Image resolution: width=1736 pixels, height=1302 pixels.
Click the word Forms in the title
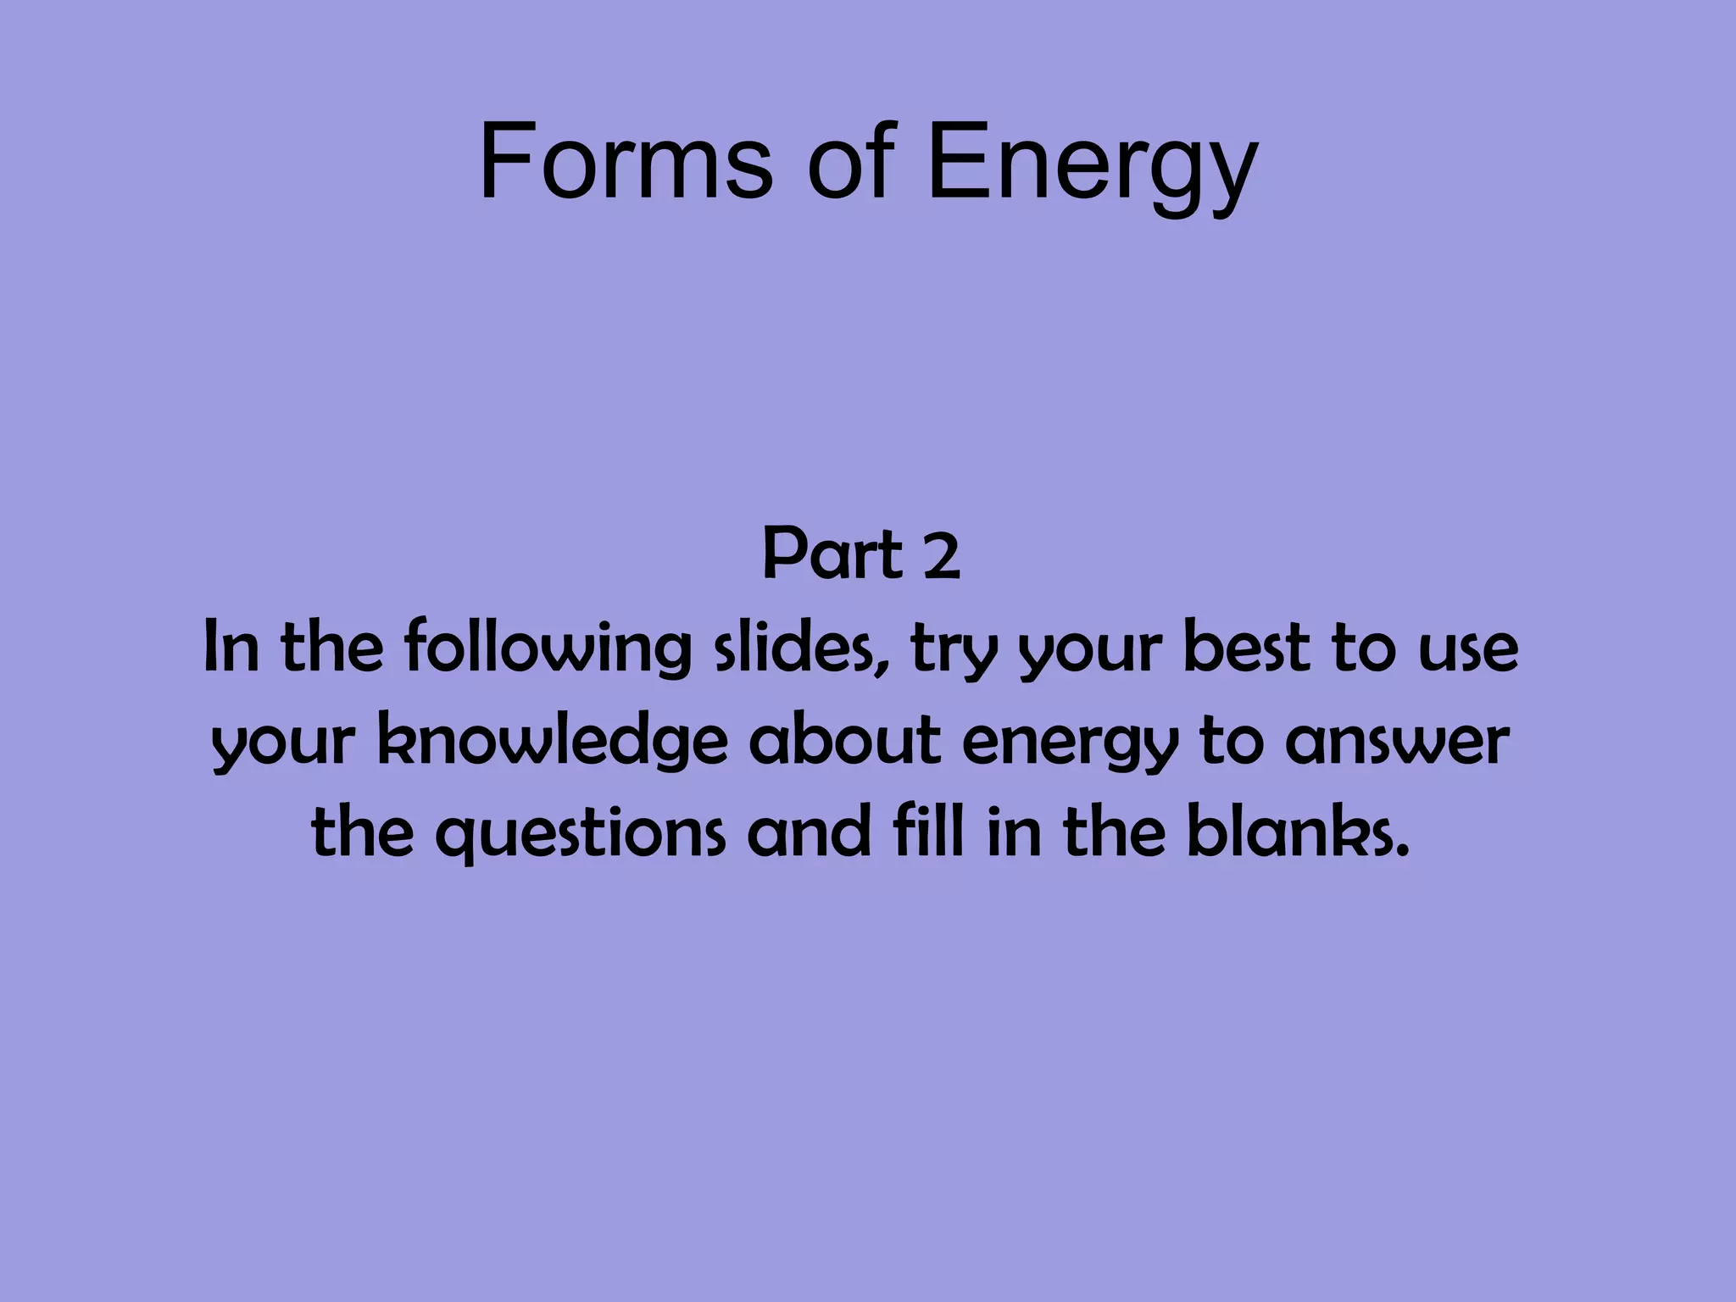626,161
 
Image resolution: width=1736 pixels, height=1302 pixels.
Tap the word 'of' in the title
851,161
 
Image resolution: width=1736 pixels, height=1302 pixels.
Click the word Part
832,555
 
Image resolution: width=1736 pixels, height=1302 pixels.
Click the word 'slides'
802,648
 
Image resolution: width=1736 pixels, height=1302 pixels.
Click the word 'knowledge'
552,742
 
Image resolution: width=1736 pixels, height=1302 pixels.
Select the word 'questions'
581,834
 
